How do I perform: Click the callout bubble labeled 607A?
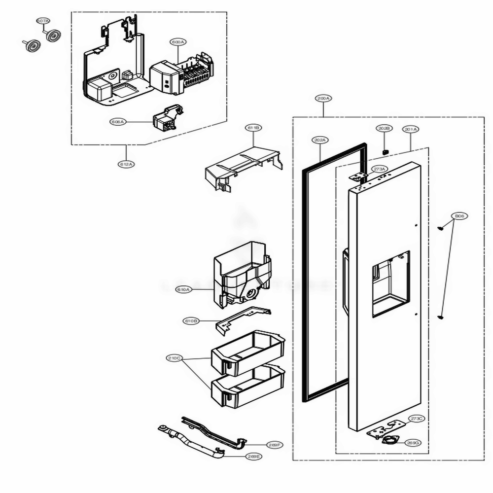pos(43,21)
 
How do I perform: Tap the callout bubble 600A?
pos(177,42)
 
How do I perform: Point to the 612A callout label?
pos(126,164)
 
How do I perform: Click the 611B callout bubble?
pos(253,128)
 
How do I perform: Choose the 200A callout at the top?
pos(323,99)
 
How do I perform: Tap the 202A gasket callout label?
pos(319,140)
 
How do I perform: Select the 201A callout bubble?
pos(411,129)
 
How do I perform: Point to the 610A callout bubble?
pos(183,290)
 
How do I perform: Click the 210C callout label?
pos(175,358)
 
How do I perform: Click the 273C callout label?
pos(417,419)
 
